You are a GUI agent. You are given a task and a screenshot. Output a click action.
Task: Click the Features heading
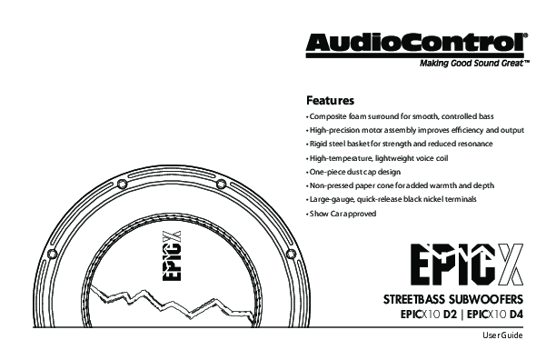coord(330,100)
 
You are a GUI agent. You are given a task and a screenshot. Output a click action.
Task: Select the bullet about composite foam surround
coord(400,116)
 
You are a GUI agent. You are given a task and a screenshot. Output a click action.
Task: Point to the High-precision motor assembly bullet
coord(415,130)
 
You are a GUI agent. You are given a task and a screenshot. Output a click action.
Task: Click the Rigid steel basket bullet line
coord(399,144)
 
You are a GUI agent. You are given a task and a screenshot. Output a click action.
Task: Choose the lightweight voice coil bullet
coord(377,158)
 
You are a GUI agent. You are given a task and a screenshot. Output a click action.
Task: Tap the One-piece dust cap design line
coord(353,172)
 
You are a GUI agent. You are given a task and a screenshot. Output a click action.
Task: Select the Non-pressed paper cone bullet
coord(401,185)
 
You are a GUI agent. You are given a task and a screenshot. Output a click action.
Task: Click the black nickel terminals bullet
coord(392,199)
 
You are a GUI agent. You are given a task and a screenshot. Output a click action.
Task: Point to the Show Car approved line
coord(341,214)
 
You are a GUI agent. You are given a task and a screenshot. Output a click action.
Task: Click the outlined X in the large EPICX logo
coord(510,265)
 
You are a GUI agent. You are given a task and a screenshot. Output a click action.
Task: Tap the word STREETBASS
coord(413,300)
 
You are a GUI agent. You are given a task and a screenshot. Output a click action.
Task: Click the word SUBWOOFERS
coord(486,300)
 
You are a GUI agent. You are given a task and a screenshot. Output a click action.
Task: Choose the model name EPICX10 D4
coord(495,315)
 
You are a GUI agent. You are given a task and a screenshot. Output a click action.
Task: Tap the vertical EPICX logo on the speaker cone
coord(172,256)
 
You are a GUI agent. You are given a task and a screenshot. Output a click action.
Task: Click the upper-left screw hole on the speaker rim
coord(122,184)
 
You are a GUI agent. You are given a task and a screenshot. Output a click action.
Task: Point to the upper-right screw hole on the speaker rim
coord(222,184)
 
